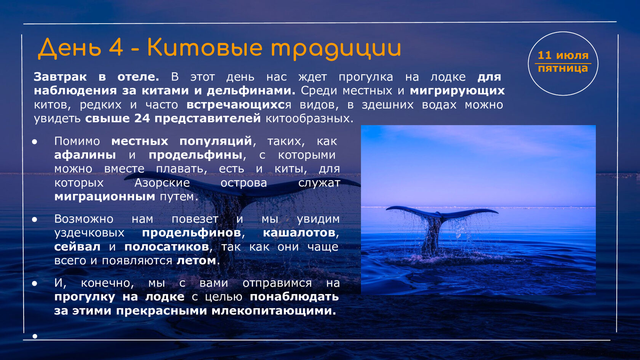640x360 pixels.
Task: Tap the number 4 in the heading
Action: pos(116,47)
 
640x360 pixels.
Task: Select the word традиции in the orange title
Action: pos(336,49)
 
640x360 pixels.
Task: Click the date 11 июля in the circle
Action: pos(563,56)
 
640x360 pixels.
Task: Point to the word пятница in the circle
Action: pos(563,69)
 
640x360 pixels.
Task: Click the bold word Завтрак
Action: pos(60,77)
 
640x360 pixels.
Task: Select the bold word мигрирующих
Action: pos(457,91)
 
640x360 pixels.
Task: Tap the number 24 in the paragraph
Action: pos(142,118)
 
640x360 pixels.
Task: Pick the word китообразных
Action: pos(309,118)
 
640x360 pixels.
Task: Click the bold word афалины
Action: pos(85,155)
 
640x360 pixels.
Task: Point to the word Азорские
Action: pos(162,183)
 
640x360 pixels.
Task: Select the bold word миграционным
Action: pos(104,197)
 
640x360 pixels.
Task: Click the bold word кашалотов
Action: pos(299,232)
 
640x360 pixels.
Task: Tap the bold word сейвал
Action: pos(77,246)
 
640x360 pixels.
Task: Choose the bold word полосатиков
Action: pos(166,246)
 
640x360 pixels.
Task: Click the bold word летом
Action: pos(196,261)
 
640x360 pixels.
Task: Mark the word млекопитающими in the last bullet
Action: pos(274,311)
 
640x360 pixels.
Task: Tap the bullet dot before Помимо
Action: pos(35,141)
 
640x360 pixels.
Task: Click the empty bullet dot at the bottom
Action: pos(35,336)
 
